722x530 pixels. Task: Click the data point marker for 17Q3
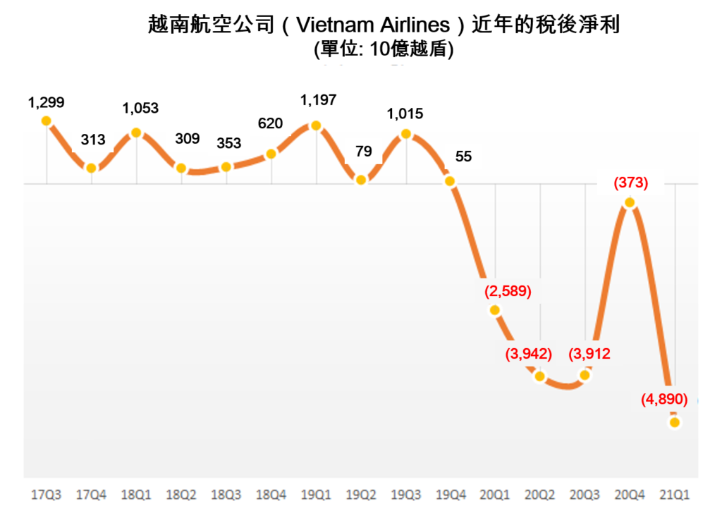tap(47, 121)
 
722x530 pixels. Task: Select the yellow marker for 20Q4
tap(630, 203)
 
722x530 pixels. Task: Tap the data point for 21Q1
tap(675, 422)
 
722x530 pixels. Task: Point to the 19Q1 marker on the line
tap(316, 126)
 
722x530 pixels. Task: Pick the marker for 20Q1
tap(495, 310)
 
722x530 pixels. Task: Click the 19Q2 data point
tap(361, 180)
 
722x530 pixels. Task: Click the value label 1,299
tap(47, 102)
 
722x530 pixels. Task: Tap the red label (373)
tap(630, 183)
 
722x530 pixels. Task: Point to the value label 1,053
tap(140, 109)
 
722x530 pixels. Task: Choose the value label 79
tap(364, 150)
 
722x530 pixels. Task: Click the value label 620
tap(271, 124)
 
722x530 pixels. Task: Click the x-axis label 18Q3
tap(226, 495)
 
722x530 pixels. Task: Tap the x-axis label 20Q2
tap(541, 495)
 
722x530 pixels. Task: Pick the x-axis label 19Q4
tap(451, 495)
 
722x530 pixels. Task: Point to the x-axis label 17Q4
tap(92, 495)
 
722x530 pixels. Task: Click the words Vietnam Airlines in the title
tap(372, 26)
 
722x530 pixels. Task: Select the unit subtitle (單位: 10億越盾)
tap(384, 50)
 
